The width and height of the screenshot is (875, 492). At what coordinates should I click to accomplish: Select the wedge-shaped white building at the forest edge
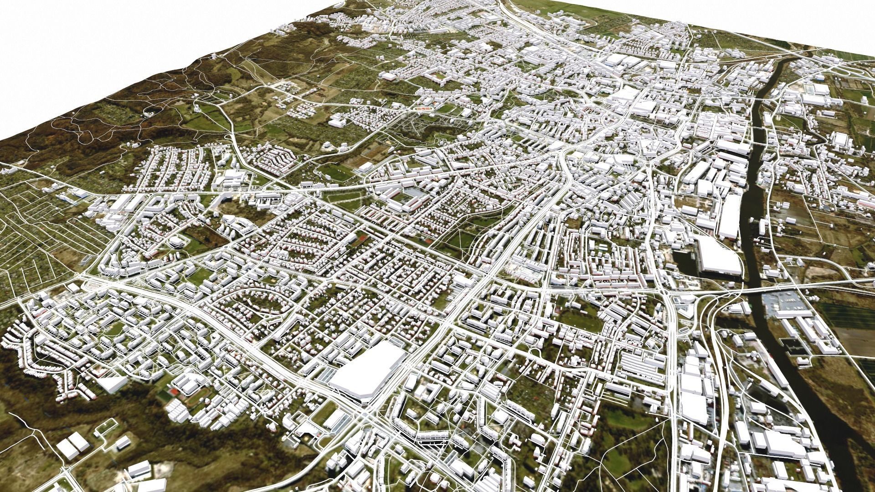pyautogui.click(x=112, y=384)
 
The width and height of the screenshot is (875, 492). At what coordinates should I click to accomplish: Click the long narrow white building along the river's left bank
pyautogui.click(x=729, y=218)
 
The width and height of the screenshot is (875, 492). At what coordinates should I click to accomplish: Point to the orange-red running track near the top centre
pyautogui.click(x=423, y=110)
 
